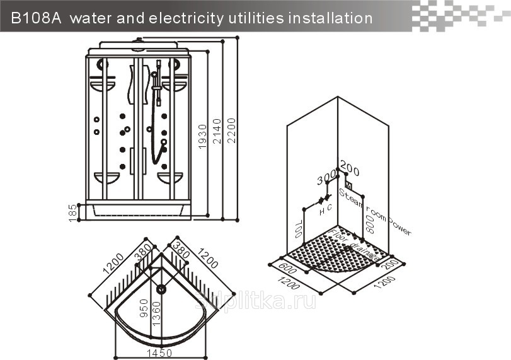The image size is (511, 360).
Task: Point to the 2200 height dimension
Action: click(231, 131)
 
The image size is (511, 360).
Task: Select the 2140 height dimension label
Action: click(216, 131)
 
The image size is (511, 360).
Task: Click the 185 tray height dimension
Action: click(72, 211)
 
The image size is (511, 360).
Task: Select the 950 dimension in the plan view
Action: click(145, 308)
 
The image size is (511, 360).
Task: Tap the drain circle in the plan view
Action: click(161, 289)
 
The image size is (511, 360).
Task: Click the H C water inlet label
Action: click(325, 212)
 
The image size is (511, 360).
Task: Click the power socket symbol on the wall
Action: click(348, 186)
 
